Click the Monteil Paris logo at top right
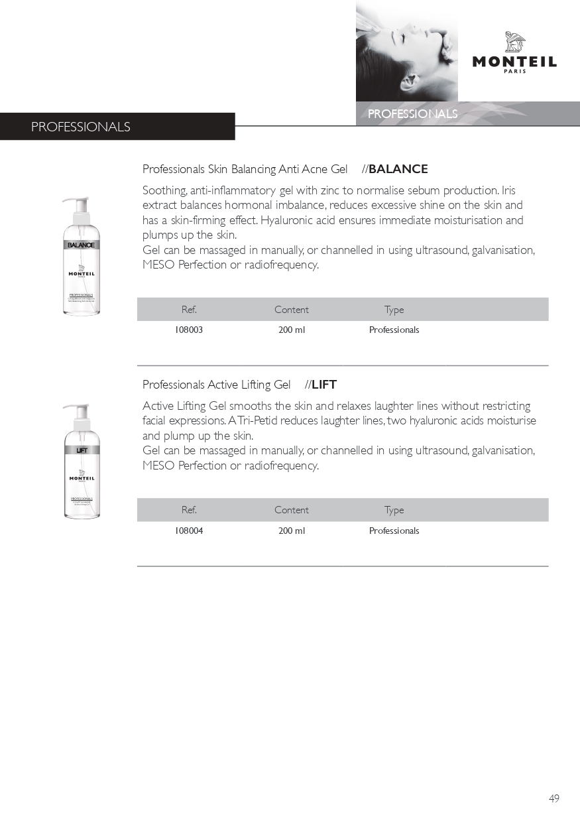point(514,53)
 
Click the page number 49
point(554,798)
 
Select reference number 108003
point(189,330)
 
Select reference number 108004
point(189,531)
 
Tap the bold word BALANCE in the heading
point(398,169)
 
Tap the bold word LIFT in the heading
point(324,385)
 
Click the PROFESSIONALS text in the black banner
point(80,127)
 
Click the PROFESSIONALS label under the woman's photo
point(412,114)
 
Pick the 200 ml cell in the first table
point(292,330)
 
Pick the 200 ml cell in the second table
point(292,531)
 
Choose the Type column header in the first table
point(394,310)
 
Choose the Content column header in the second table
point(292,510)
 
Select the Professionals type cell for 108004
point(394,531)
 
